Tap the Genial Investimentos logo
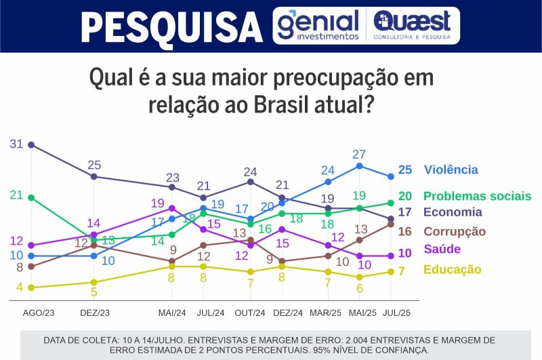click(x=318, y=25)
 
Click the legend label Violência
click(x=451, y=170)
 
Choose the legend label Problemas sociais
click(x=477, y=196)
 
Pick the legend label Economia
click(x=453, y=212)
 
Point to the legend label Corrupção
click(x=455, y=232)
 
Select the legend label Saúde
click(x=442, y=249)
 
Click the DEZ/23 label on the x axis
click(x=95, y=313)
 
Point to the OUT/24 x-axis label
click(x=250, y=313)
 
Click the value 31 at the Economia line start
click(x=17, y=144)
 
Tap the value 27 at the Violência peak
click(x=359, y=154)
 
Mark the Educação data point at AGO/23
click(x=31, y=287)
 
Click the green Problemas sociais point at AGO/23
click(x=31, y=197)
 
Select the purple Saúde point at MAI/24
click(x=172, y=208)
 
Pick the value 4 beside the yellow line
click(x=20, y=287)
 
